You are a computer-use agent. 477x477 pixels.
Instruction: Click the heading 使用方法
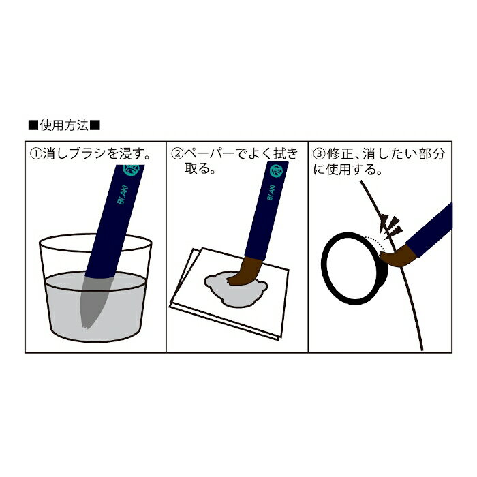64,125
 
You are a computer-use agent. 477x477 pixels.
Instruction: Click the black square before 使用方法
33,125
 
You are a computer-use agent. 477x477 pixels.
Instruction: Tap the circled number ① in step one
35,154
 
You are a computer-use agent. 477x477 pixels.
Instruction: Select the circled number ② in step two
177,154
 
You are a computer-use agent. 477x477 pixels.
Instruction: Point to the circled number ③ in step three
320,154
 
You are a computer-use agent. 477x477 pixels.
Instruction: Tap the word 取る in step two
197,168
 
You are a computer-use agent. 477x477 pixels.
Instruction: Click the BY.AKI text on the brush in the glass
123,195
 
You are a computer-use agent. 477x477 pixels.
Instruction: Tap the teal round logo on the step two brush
276,171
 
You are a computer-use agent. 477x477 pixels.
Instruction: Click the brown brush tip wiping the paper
245,271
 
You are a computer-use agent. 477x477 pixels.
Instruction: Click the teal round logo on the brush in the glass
133,170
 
